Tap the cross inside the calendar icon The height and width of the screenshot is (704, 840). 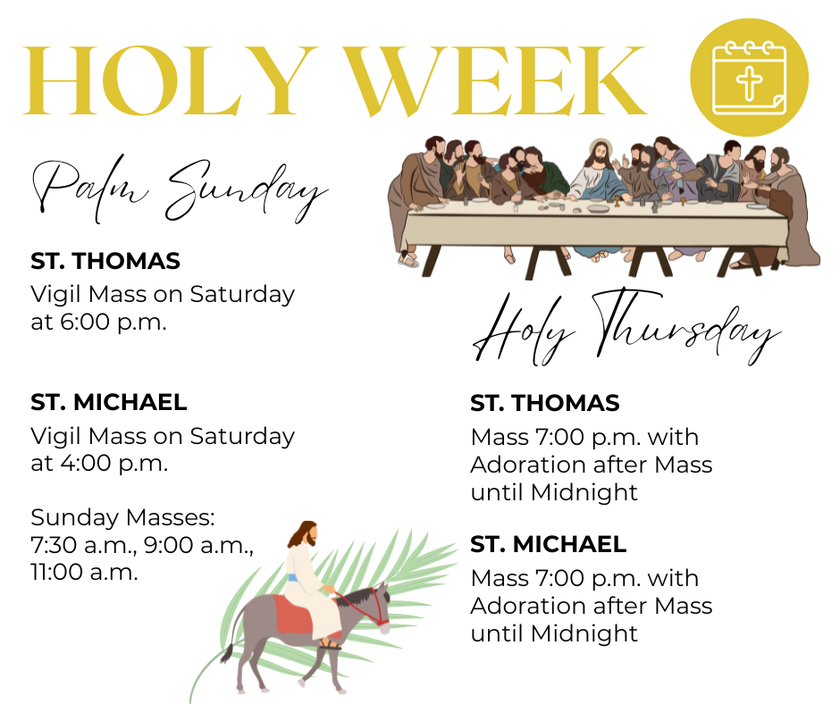(749, 83)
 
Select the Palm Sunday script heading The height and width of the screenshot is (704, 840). (180, 190)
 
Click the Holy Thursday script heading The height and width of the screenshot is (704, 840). (626, 326)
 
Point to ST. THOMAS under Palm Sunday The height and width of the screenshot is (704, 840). (105, 261)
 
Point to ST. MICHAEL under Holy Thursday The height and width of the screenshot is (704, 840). (549, 544)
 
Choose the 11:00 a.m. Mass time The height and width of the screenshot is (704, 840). (84, 572)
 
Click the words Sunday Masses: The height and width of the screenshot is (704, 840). (122, 517)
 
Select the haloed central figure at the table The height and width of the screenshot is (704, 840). (598, 172)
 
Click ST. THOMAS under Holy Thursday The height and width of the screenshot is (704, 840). (545, 403)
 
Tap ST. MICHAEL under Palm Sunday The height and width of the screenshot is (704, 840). (109, 402)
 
